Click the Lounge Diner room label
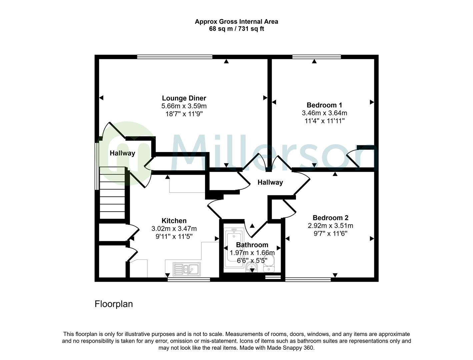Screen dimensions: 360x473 coord(184,98)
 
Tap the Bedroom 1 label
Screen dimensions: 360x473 coord(324,105)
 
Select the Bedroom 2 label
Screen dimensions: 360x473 coord(331,218)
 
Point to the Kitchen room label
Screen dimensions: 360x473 coord(174,221)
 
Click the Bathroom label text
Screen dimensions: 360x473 coord(252,245)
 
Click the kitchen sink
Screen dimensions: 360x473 coord(186,269)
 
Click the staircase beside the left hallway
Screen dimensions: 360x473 coord(112,193)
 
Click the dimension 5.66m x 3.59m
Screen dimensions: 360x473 coord(184,106)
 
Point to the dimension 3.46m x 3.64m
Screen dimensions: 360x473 coord(324,113)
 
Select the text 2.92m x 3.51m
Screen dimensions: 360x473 coord(331,226)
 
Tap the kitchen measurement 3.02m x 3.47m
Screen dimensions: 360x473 coord(174,229)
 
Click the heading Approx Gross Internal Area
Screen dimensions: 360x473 coord(236,22)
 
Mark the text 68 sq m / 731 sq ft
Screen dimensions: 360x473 coord(236,29)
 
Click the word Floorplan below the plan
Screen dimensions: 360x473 coord(114,304)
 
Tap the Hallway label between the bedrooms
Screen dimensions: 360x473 coord(270,182)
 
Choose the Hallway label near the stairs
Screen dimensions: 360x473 coord(122,153)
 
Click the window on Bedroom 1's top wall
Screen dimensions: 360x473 coord(316,57)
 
